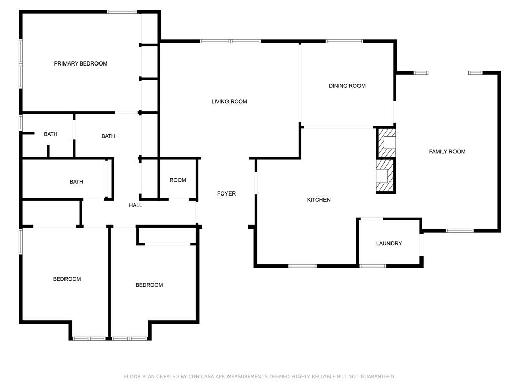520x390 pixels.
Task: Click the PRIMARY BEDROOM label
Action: point(81,63)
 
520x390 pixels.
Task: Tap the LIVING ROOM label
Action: point(229,102)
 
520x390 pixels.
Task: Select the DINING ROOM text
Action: point(347,86)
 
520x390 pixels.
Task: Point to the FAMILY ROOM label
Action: point(447,151)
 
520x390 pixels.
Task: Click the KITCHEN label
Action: point(319,200)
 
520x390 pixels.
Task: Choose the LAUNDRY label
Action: point(389,243)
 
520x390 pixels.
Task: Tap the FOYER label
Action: point(226,193)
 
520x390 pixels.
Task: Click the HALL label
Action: point(135,205)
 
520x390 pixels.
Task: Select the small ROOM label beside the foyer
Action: point(178,180)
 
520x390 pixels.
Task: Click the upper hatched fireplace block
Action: point(386,143)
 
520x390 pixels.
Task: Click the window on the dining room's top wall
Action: point(344,41)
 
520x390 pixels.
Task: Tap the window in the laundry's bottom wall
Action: point(373,266)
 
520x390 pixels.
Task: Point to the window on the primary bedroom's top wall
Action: point(122,12)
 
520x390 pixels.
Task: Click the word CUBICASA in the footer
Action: point(202,376)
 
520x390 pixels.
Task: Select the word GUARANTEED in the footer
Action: point(378,376)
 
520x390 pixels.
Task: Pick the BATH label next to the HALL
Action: point(76,182)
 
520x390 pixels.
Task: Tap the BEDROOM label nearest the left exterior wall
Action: point(67,279)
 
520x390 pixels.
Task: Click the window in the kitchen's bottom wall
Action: point(303,266)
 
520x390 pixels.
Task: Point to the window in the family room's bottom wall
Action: point(460,231)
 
